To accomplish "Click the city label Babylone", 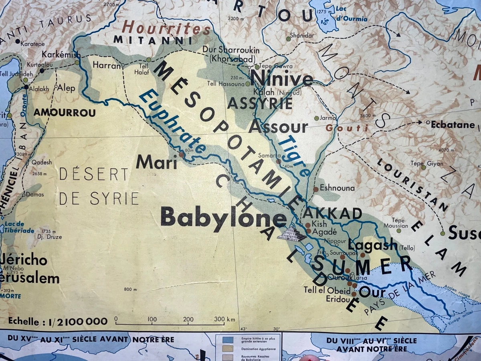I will click(224, 219).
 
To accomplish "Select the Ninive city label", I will click(281, 78).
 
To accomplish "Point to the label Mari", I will click(156, 162).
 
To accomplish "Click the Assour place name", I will click(278, 127).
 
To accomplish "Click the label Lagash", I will click(373, 245).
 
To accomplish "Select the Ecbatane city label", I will click(453, 125).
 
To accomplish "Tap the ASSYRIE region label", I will click(260, 103).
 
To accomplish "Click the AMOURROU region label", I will click(65, 113).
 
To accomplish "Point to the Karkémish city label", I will click(61, 55).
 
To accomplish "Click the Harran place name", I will click(107, 65).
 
